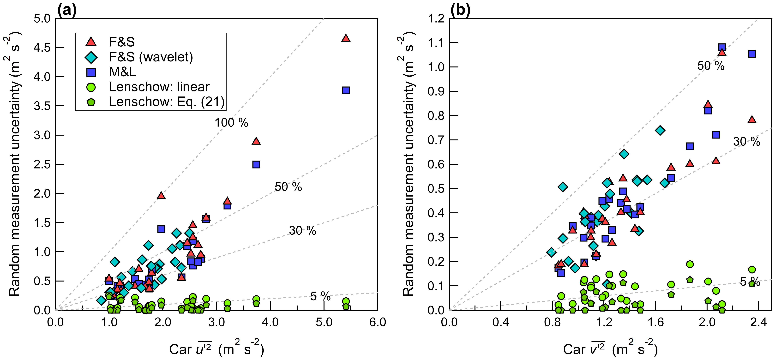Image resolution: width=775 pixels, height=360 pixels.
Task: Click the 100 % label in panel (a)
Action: point(231,123)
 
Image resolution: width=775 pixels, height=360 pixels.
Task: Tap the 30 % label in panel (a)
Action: point(302,231)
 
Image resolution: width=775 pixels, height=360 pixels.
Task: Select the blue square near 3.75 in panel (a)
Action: point(256,164)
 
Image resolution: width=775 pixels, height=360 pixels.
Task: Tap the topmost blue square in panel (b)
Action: point(722,47)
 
